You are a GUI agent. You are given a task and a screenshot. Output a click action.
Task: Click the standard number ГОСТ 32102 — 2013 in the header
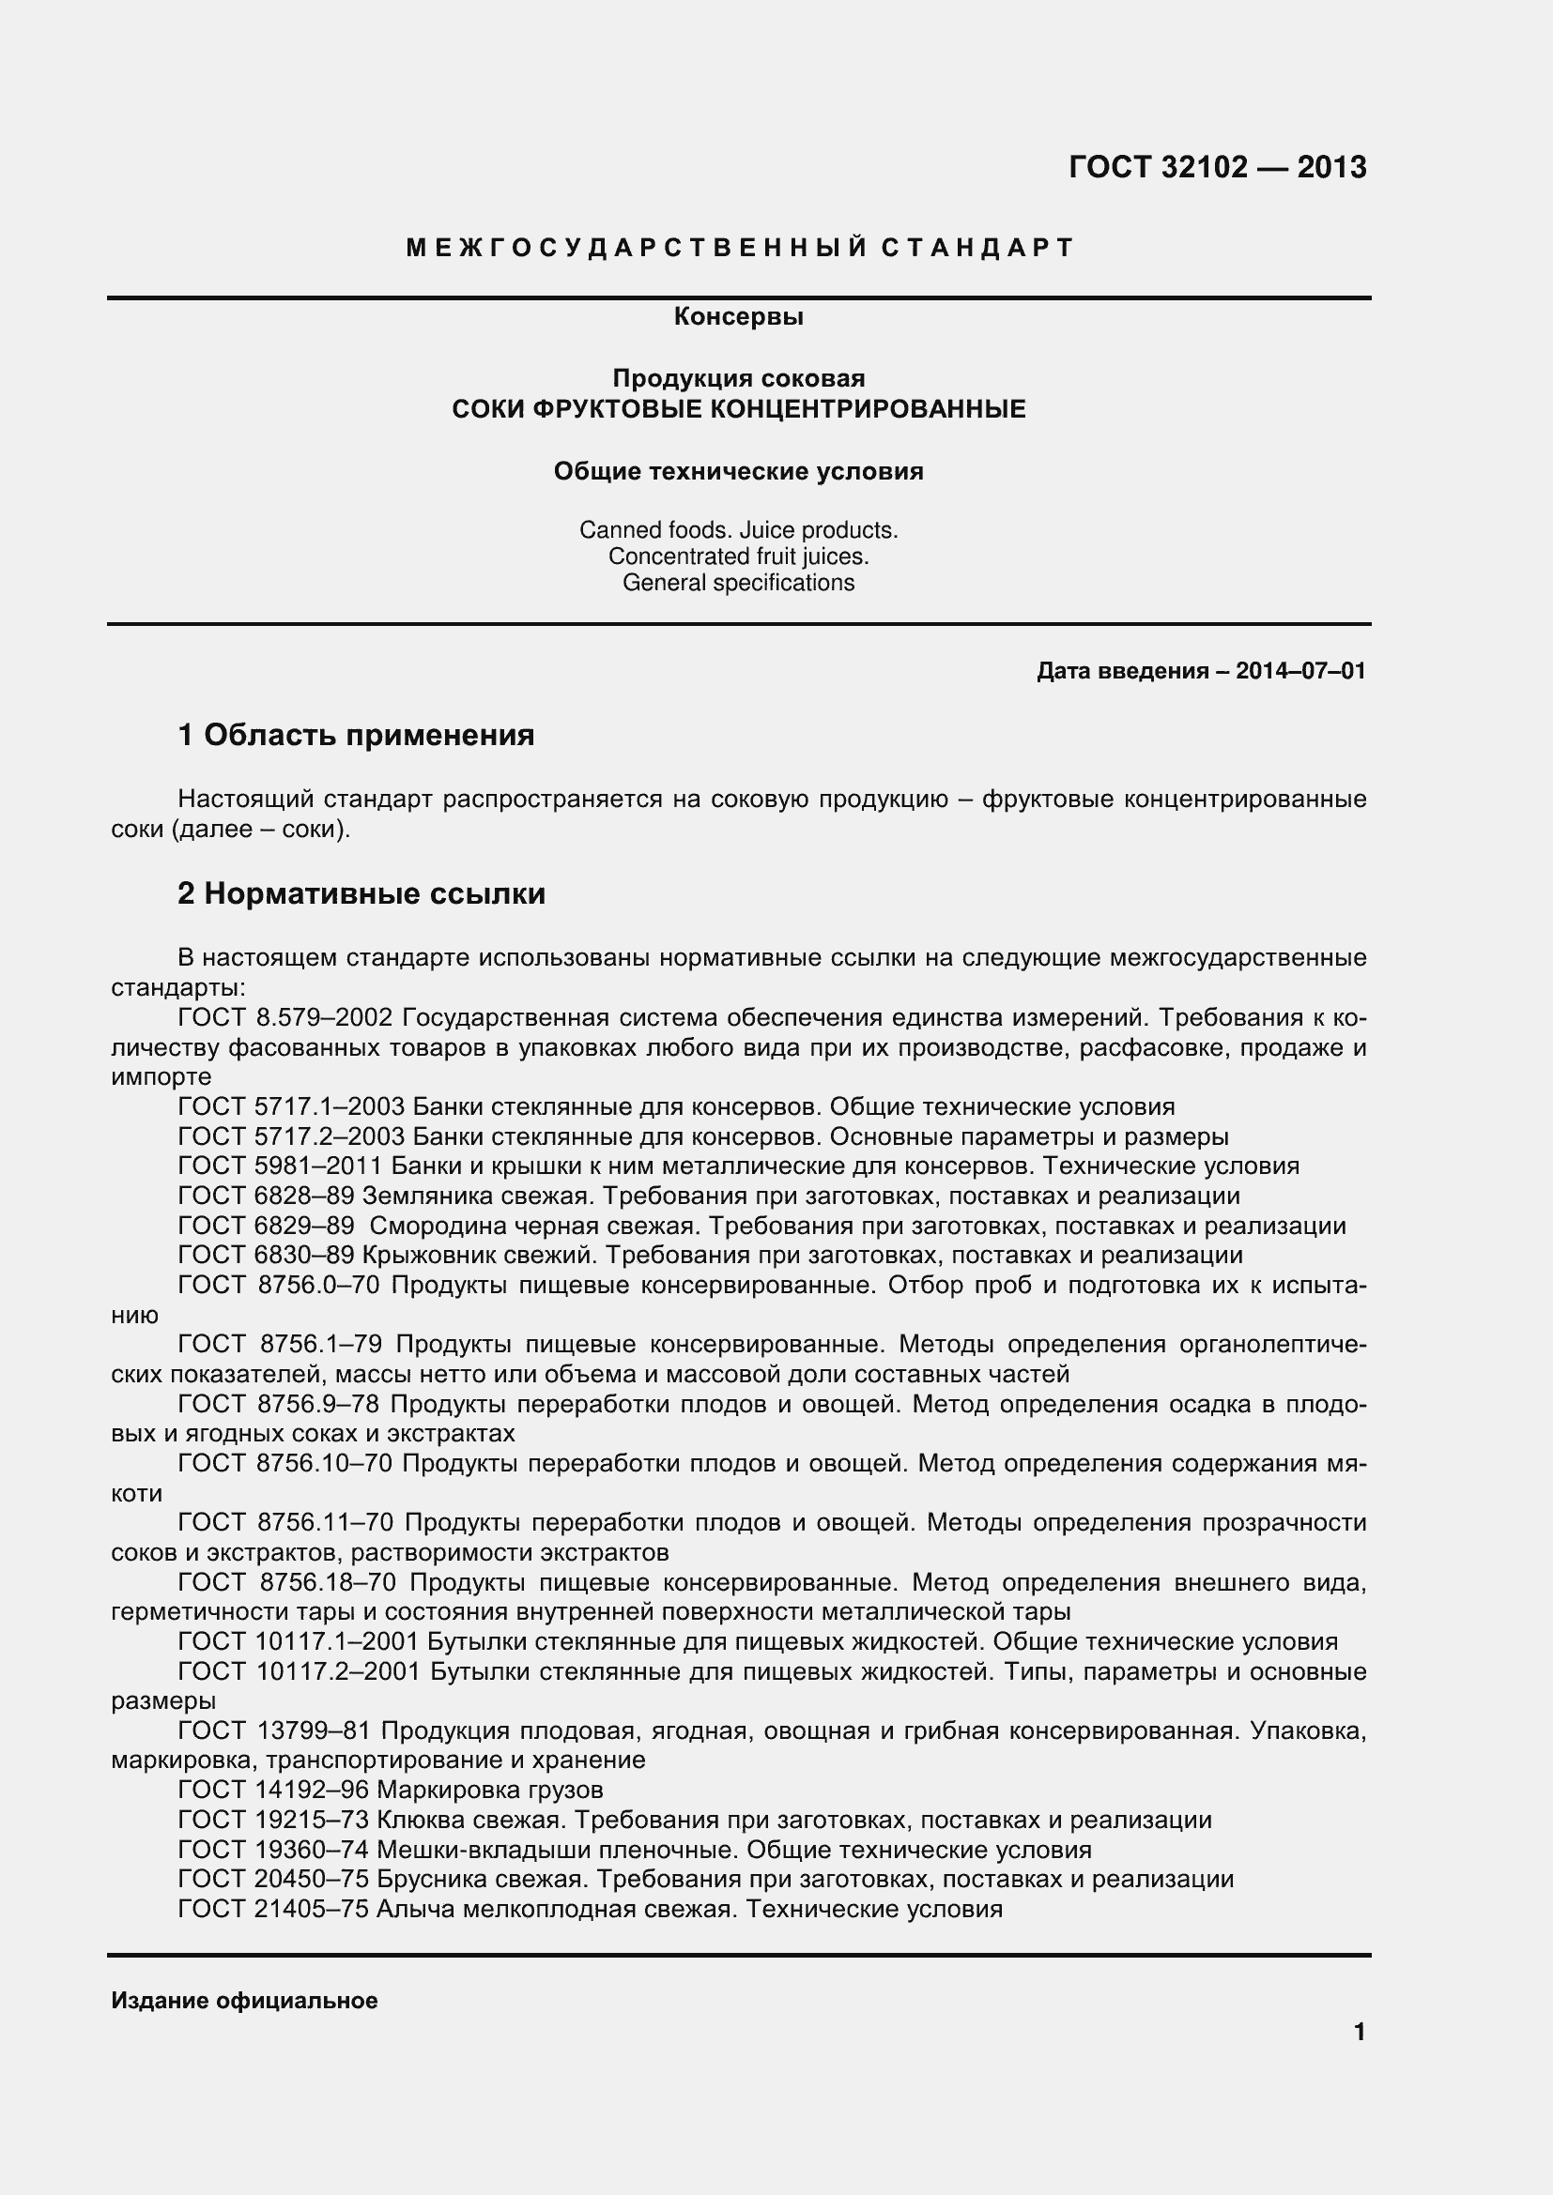pos(1218,168)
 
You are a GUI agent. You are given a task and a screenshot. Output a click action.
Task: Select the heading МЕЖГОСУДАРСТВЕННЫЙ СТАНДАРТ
pos(740,249)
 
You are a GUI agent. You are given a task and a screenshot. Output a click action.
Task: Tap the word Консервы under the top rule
pos(738,316)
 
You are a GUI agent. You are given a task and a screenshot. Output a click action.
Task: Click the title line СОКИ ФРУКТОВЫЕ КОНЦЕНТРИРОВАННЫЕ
pos(738,410)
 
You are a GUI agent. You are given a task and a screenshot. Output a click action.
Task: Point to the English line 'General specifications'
pos(738,582)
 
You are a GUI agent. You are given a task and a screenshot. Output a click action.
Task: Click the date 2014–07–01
pos(1300,671)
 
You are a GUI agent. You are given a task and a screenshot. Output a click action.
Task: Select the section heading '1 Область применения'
pos(356,735)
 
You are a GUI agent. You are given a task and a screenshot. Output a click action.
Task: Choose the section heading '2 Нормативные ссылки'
pos(361,894)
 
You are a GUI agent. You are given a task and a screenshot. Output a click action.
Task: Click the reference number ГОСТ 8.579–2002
pos(285,1017)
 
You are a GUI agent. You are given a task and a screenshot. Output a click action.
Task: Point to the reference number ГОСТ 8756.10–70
pos(285,1464)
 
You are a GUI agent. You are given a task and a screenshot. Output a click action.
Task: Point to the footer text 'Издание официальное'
pos(245,2001)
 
